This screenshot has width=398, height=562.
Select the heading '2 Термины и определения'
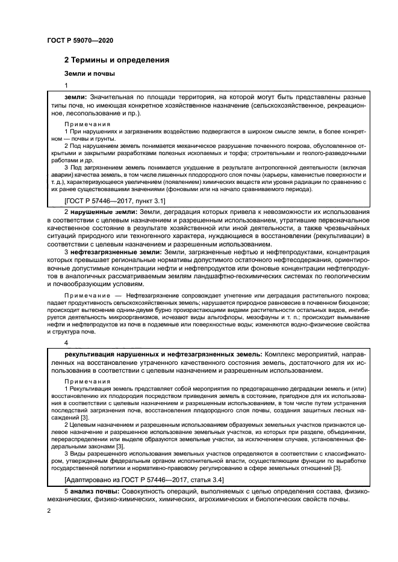tap(116, 60)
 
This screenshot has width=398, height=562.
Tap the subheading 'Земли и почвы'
tap(90, 73)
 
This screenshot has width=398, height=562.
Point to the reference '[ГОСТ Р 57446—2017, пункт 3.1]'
tap(114, 201)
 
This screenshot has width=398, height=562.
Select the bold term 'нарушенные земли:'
tap(104, 213)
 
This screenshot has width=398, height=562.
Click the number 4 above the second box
tap(66, 343)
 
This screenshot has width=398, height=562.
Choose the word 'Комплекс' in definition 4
tap(281, 355)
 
